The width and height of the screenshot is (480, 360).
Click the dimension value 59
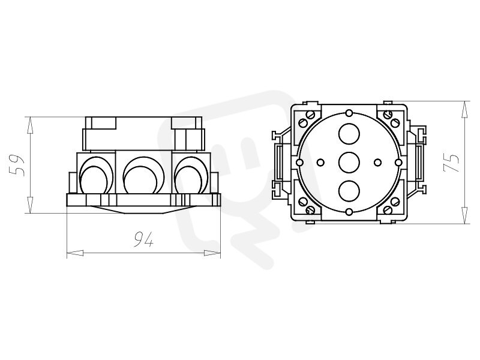17,165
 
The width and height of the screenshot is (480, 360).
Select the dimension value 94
143,239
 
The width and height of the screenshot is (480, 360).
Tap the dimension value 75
452,162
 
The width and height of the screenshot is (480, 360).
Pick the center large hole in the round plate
349,162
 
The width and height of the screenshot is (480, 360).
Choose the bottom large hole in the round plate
349,191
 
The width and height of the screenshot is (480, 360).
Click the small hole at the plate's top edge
349,113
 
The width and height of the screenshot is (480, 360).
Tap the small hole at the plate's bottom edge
349,212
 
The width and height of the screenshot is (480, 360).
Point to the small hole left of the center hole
321,162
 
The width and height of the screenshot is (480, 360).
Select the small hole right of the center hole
377,162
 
